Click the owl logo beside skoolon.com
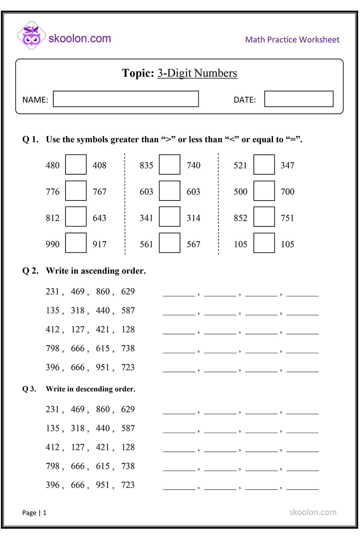pos(31,36)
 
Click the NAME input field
pos(126,99)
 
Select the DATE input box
pos(298,99)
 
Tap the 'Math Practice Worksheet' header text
pos(292,40)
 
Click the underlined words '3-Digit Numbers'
pos(197,73)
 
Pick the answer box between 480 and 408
pos(76,165)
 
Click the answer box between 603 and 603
pos(170,191)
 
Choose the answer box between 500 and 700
pos(264,191)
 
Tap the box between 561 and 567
pos(170,243)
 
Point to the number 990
pos(53,244)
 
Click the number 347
pos(287,165)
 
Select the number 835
pos(146,165)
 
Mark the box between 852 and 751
pos(264,217)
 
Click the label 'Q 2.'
pos(30,271)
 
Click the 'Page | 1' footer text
pos(34,513)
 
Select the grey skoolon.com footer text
pos(312,512)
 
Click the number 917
pos(99,244)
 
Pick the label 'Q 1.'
pos(30,139)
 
